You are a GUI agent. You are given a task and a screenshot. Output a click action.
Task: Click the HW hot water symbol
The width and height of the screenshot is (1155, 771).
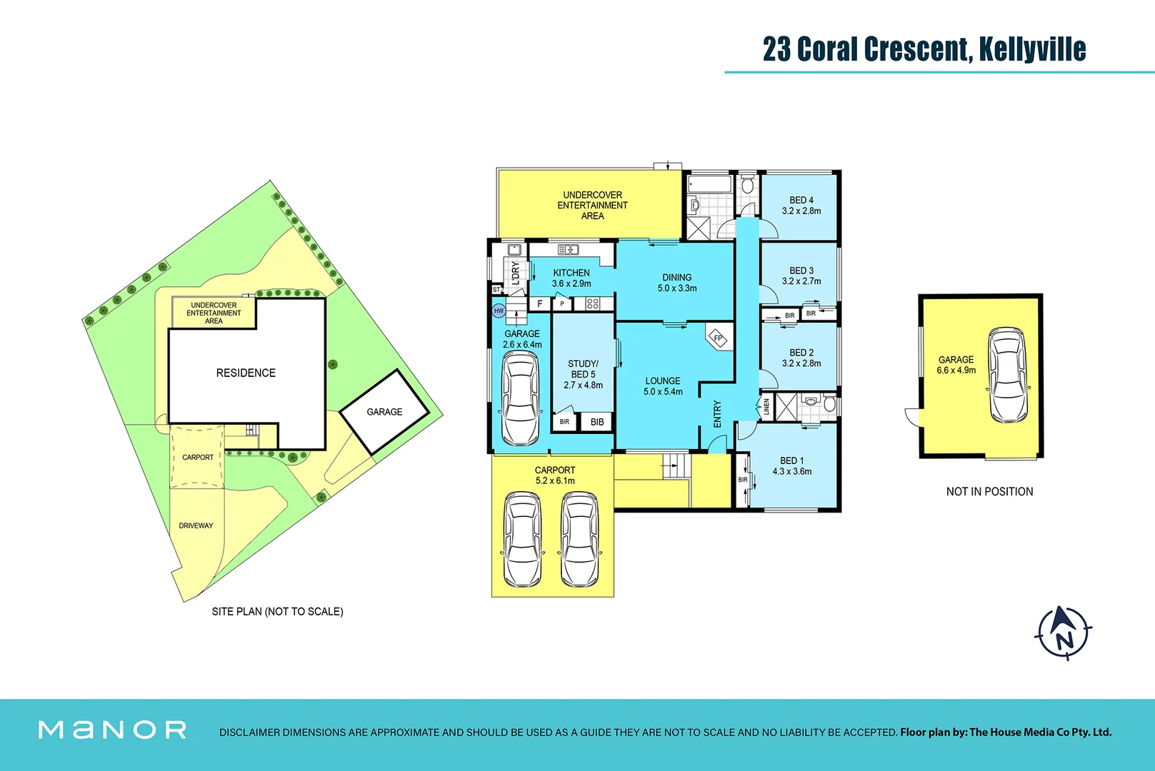(499, 311)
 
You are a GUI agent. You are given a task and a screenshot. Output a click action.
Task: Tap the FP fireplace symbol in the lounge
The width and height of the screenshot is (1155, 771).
(719, 338)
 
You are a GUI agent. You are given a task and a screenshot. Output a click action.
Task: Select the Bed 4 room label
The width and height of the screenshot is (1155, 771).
(801, 201)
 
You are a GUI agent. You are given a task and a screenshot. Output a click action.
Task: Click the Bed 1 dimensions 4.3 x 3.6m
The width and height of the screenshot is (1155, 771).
(791, 472)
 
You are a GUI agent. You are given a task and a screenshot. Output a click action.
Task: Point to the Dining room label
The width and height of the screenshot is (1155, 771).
(676, 278)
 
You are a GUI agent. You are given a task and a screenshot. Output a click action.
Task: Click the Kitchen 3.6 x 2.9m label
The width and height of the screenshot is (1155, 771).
(571, 278)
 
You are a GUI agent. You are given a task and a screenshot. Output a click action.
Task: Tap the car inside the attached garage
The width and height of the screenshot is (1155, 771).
(520, 398)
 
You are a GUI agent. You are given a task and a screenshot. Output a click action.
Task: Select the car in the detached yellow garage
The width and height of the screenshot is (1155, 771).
(1008, 376)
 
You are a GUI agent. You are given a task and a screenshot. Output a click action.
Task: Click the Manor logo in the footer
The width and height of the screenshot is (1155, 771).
(113, 730)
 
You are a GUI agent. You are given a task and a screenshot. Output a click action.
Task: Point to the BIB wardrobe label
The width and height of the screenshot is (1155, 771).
(597, 422)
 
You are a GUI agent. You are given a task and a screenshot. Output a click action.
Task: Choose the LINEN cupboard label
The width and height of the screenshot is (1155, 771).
(766, 407)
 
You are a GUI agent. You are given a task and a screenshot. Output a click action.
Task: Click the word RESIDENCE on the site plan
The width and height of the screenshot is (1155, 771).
(246, 373)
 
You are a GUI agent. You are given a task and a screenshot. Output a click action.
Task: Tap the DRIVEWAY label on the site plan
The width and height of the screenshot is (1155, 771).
(196, 525)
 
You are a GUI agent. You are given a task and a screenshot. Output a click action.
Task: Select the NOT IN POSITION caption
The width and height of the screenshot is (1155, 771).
(989, 491)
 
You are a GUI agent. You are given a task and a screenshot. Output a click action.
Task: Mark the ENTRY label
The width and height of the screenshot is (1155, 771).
(717, 414)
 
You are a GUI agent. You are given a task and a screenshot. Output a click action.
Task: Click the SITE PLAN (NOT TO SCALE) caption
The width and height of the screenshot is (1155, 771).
(277, 612)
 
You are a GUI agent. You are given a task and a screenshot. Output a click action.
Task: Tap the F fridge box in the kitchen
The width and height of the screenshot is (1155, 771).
(540, 303)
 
